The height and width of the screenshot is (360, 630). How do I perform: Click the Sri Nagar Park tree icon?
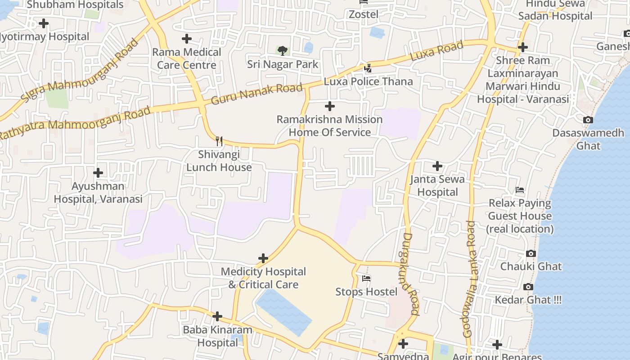[283, 50]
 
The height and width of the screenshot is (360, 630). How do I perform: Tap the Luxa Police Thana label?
[368, 81]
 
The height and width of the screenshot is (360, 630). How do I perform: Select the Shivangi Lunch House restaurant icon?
[219, 141]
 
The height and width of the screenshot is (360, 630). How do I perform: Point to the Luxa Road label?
[436, 51]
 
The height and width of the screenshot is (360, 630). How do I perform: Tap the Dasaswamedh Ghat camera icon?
[588, 120]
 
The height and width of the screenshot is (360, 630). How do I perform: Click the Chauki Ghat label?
[531, 266]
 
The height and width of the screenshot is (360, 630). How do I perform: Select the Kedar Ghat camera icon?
[528, 287]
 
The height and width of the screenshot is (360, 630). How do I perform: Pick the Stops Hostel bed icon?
[366, 279]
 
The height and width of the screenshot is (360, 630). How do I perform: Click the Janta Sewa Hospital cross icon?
[437, 166]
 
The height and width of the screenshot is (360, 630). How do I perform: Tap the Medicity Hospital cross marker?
[263, 258]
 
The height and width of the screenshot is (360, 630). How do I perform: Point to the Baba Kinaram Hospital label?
[217, 336]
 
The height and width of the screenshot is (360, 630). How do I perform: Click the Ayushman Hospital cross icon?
[98, 172]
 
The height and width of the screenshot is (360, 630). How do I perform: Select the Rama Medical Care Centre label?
[187, 58]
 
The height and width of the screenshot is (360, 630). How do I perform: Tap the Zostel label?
[364, 14]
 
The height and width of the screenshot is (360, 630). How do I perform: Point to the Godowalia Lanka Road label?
[470, 279]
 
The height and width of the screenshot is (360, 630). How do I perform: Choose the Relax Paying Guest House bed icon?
[520, 190]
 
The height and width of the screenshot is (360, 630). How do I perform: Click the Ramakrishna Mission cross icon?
[330, 106]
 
